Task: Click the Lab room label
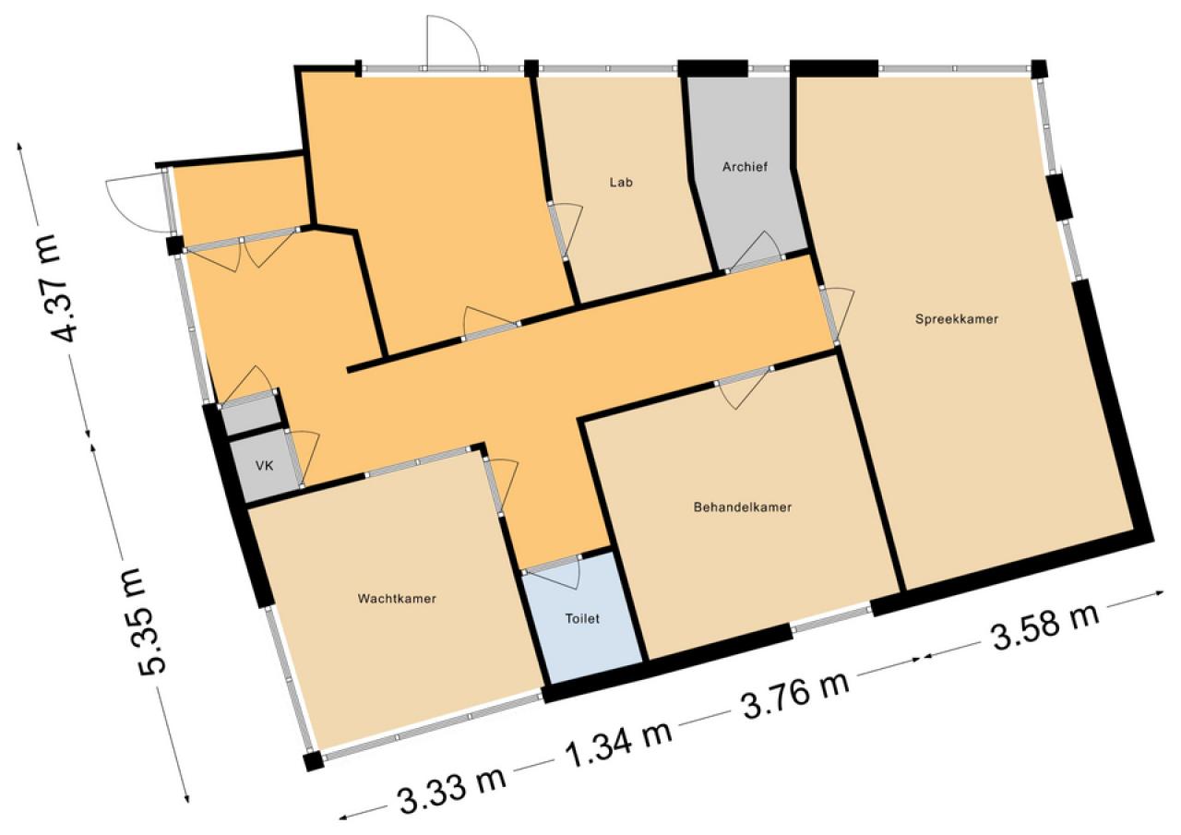point(621,183)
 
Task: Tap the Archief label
point(745,167)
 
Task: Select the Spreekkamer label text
point(957,319)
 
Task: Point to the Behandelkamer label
point(743,507)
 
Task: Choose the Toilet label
point(582,618)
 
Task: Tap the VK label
point(264,465)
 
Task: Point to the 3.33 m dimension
point(452,789)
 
